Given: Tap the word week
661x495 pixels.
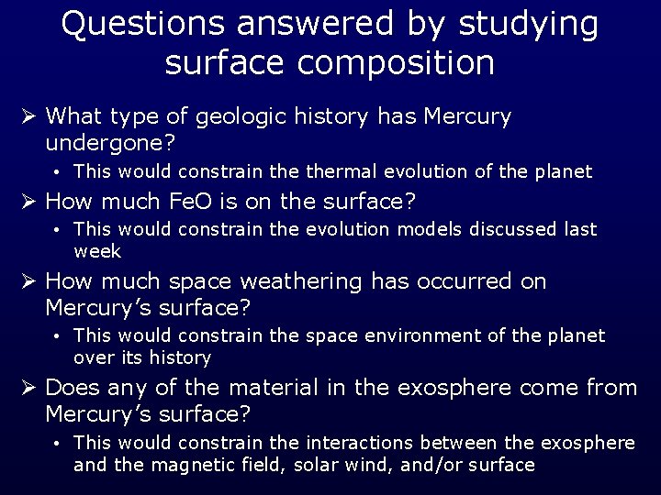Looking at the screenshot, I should click(97, 250).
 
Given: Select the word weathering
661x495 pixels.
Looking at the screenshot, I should click(300, 281).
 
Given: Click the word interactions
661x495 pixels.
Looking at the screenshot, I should click(357, 444).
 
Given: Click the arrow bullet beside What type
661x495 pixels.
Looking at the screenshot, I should click(29, 116).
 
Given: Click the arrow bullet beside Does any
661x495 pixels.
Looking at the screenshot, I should click(29, 388).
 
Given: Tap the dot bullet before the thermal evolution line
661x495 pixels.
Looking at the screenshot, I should click(57, 172).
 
